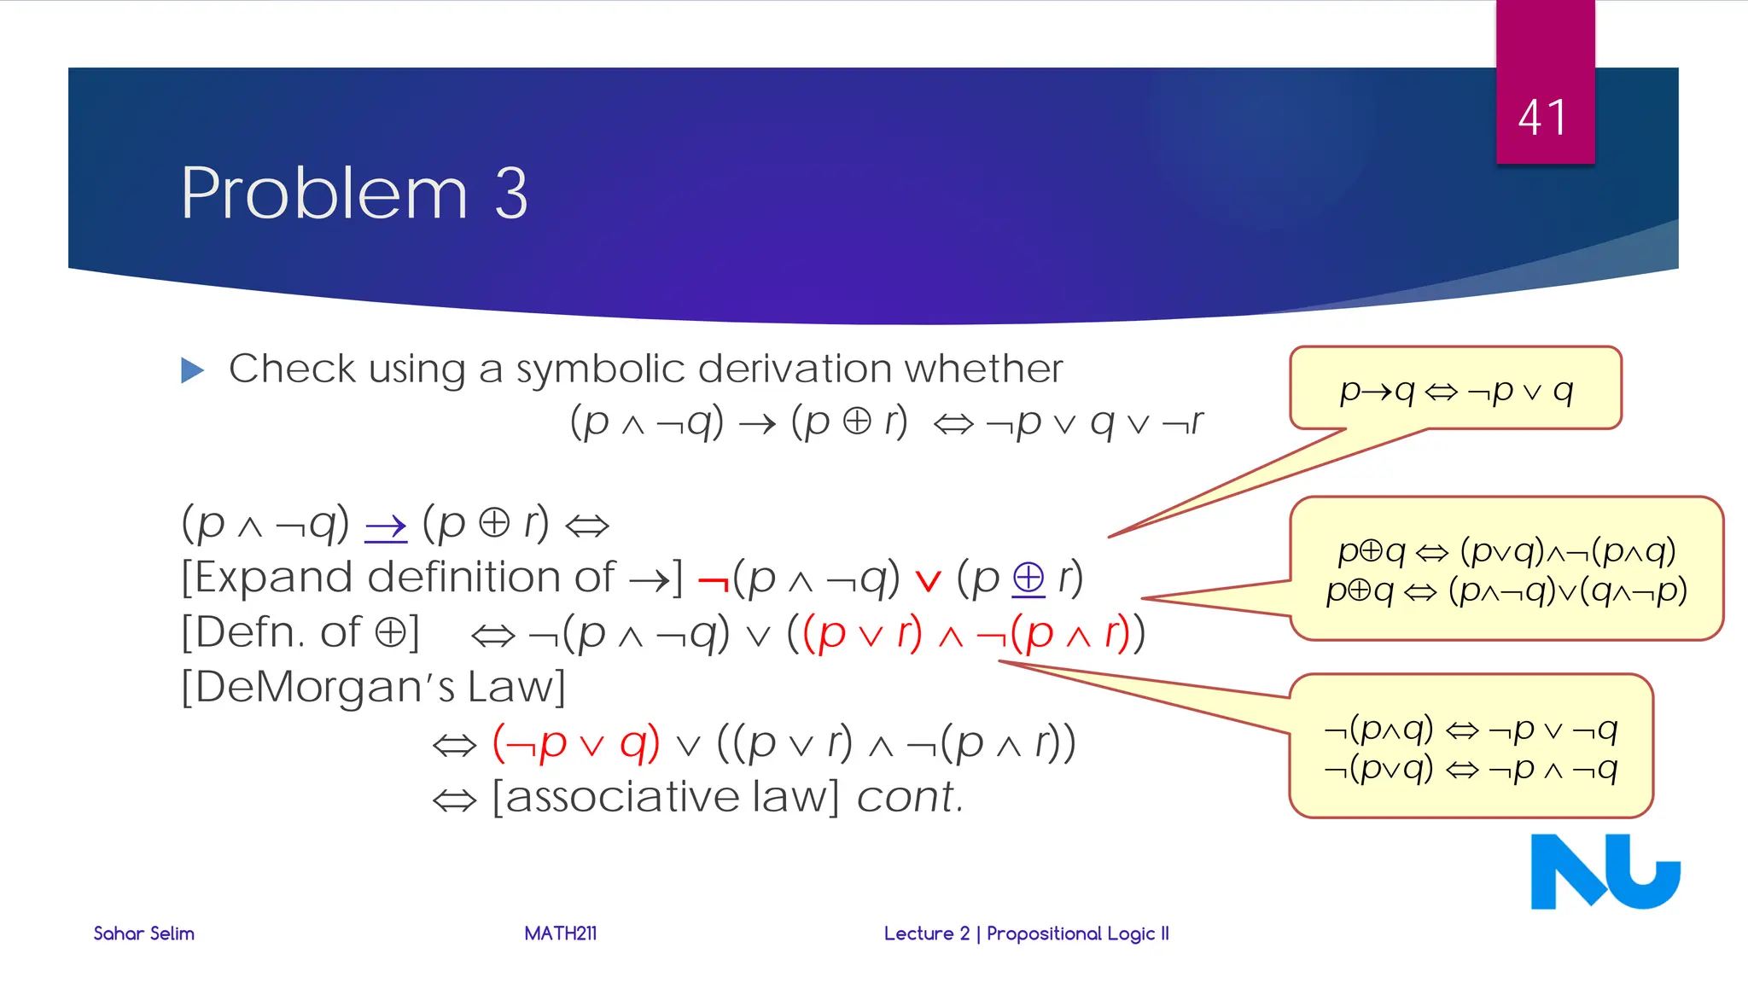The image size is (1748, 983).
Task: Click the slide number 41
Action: [1543, 118]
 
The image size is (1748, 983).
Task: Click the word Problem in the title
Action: [324, 194]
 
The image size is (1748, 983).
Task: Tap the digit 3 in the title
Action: [511, 194]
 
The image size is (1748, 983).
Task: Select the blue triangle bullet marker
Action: [193, 370]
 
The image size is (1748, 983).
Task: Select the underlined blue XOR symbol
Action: [1028, 579]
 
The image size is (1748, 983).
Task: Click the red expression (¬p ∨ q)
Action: [576, 743]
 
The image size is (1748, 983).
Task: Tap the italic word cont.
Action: [910, 798]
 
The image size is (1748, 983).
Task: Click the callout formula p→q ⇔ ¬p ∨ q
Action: [1455, 391]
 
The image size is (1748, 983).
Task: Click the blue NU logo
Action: [1605, 871]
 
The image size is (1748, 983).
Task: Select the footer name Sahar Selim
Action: [143, 934]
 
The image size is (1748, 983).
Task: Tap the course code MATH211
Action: [560, 934]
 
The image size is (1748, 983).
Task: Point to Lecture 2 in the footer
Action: [927, 934]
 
